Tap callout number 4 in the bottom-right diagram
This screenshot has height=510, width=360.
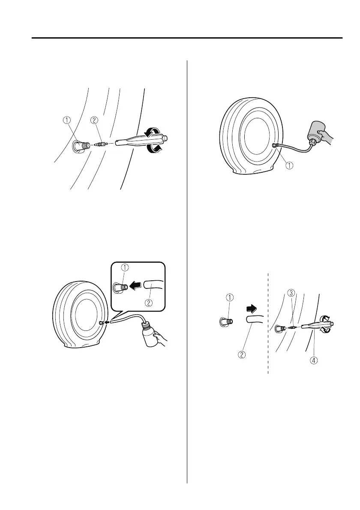pos(314,360)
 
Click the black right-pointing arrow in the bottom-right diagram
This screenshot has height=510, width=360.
pos(251,307)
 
